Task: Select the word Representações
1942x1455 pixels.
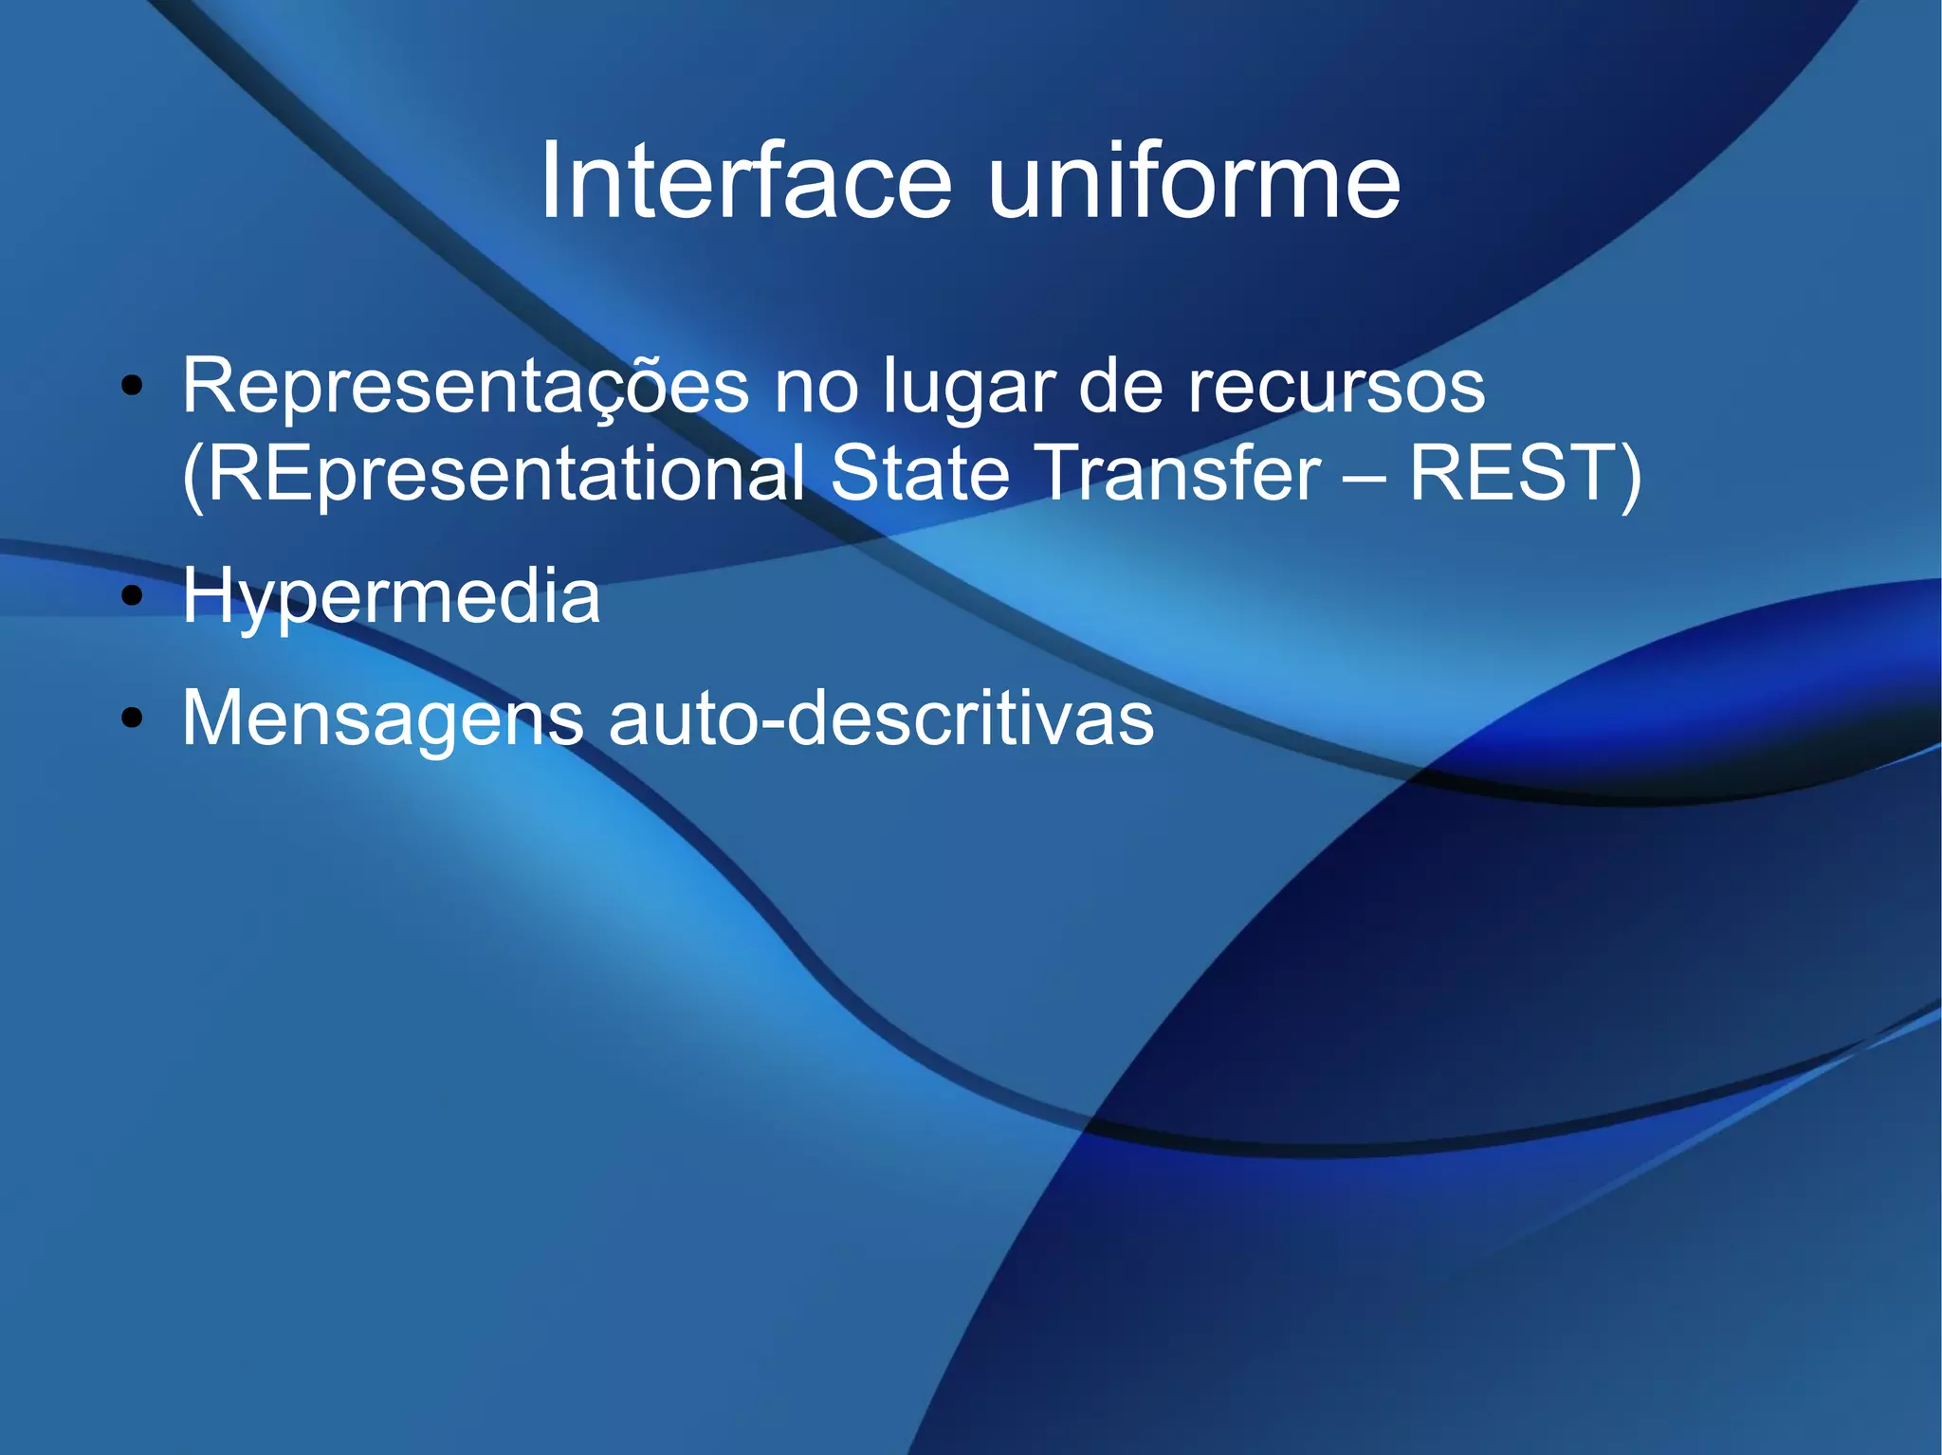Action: tap(465, 387)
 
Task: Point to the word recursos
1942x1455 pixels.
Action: tap(1336, 387)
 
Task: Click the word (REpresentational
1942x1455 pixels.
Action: tap(493, 474)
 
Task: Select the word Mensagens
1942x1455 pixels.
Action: tap(383, 718)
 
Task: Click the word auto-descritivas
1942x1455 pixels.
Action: tap(881, 718)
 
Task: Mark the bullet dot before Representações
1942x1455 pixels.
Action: tap(132, 387)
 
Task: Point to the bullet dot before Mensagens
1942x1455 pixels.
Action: tap(132, 718)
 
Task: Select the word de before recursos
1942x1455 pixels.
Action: tap(1120, 387)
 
